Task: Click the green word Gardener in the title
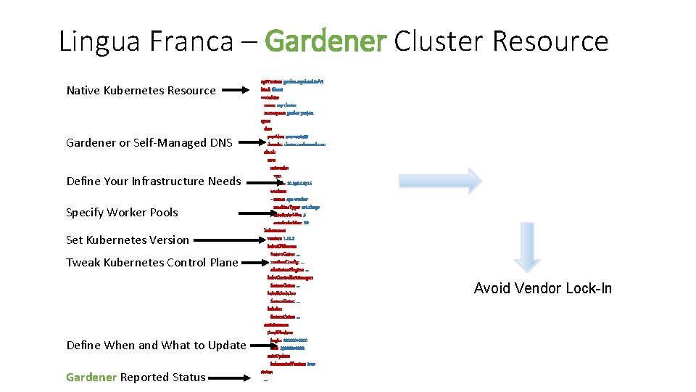(x=326, y=41)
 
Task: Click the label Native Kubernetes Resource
(x=141, y=91)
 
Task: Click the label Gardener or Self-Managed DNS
(x=149, y=143)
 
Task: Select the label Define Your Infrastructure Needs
(x=153, y=181)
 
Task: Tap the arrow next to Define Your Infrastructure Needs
(x=262, y=181)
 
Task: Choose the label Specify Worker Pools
(x=122, y=213)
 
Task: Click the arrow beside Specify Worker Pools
(x=276, y=213)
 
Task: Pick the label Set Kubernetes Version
(x=127, y=240)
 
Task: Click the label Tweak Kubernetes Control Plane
(x=152, y=263)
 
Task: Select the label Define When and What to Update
(x=156, y=346)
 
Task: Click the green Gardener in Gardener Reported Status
(x=91, y=377)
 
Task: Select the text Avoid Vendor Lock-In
(x=542, y=289)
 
